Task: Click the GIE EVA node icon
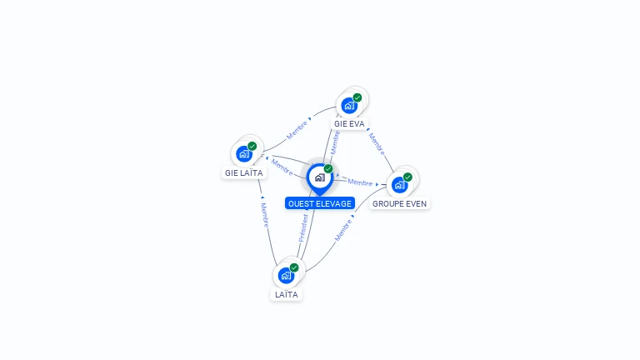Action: (x=349, y=105)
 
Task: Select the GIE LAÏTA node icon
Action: (x=244, y=154)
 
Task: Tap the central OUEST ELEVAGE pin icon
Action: (x=319, y=177)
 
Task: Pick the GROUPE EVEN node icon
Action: (x=399, y=184)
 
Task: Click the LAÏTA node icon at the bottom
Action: (x=286, y=275)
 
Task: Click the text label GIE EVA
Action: (x=350, y=123)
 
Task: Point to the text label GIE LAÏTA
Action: (x=243, y=173)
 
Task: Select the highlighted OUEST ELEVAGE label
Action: (x=320, y=203)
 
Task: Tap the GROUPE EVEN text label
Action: (x=400, y=203)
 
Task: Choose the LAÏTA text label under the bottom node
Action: (x=286, y=294)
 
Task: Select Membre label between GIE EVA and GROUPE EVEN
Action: (x=377, y=144)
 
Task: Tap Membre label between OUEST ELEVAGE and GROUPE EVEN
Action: (x=360, y=182)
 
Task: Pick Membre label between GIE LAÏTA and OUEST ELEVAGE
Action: (x=282, y=167)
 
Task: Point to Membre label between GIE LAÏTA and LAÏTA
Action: (x=264, y=215)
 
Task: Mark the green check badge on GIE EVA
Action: (x=357, y=97)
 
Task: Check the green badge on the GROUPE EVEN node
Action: (x=407, y=177)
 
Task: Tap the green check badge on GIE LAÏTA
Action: (x=252, y=147)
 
